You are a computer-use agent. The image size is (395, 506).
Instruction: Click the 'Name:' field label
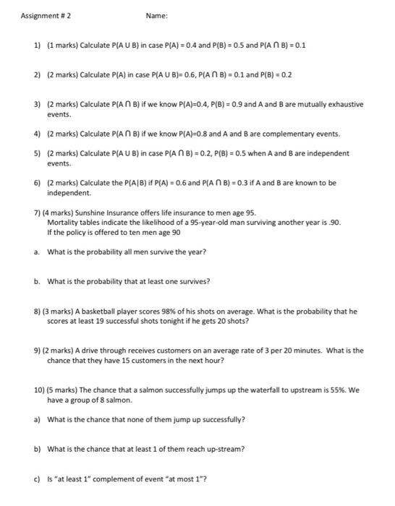[156, 16]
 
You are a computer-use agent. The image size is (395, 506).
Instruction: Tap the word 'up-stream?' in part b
[225, 449]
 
